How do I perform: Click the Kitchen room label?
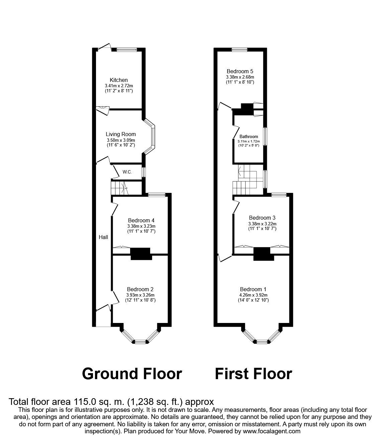(x=119, y=80)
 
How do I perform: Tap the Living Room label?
(x=121, y=134)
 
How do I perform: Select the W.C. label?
(x=127, y=172)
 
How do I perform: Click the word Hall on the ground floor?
(x=103, y=237)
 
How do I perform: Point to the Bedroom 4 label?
(x=141, y=220)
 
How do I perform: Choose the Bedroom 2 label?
(x=140, y=289)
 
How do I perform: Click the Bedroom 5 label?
(x=240, y=71)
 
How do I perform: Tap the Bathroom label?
(x=249, y=136)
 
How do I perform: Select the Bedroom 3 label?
(x=262, y=218)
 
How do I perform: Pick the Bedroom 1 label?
(x=253, y=289)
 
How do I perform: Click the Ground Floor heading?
(x=132, y=373)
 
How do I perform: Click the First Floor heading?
(x=253, y=373)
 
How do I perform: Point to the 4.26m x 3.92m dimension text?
(x=253, y=295)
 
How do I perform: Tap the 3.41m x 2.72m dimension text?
(x=119, y=86)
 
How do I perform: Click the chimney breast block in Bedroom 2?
(x=140, y=254)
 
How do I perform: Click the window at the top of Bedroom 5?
(x=240, y=50)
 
